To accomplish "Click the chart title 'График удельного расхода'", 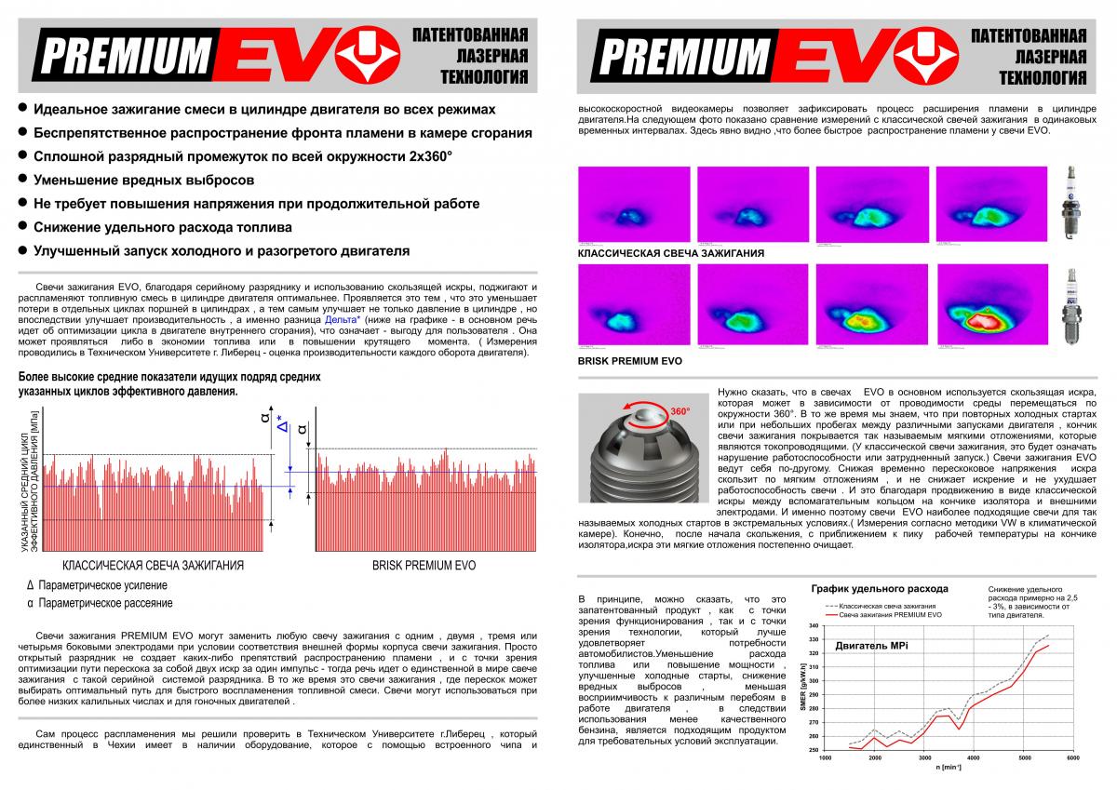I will (x=880, y=589).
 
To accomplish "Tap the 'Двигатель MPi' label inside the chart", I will (x=871, y=645).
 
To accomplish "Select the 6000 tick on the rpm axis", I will (x=1072, y=758).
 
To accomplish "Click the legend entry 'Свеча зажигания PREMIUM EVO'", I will (x=890, y=615).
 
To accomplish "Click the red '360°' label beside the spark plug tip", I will (x=680, y=411).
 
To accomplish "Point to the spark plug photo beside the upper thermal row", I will (x=1072, y=204).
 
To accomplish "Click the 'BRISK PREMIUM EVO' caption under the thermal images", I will (x=630, y=360).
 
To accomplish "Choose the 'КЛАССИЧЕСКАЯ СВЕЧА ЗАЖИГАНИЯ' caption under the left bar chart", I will (x=154, y=566).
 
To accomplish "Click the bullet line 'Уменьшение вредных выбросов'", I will (x=143, y=180).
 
